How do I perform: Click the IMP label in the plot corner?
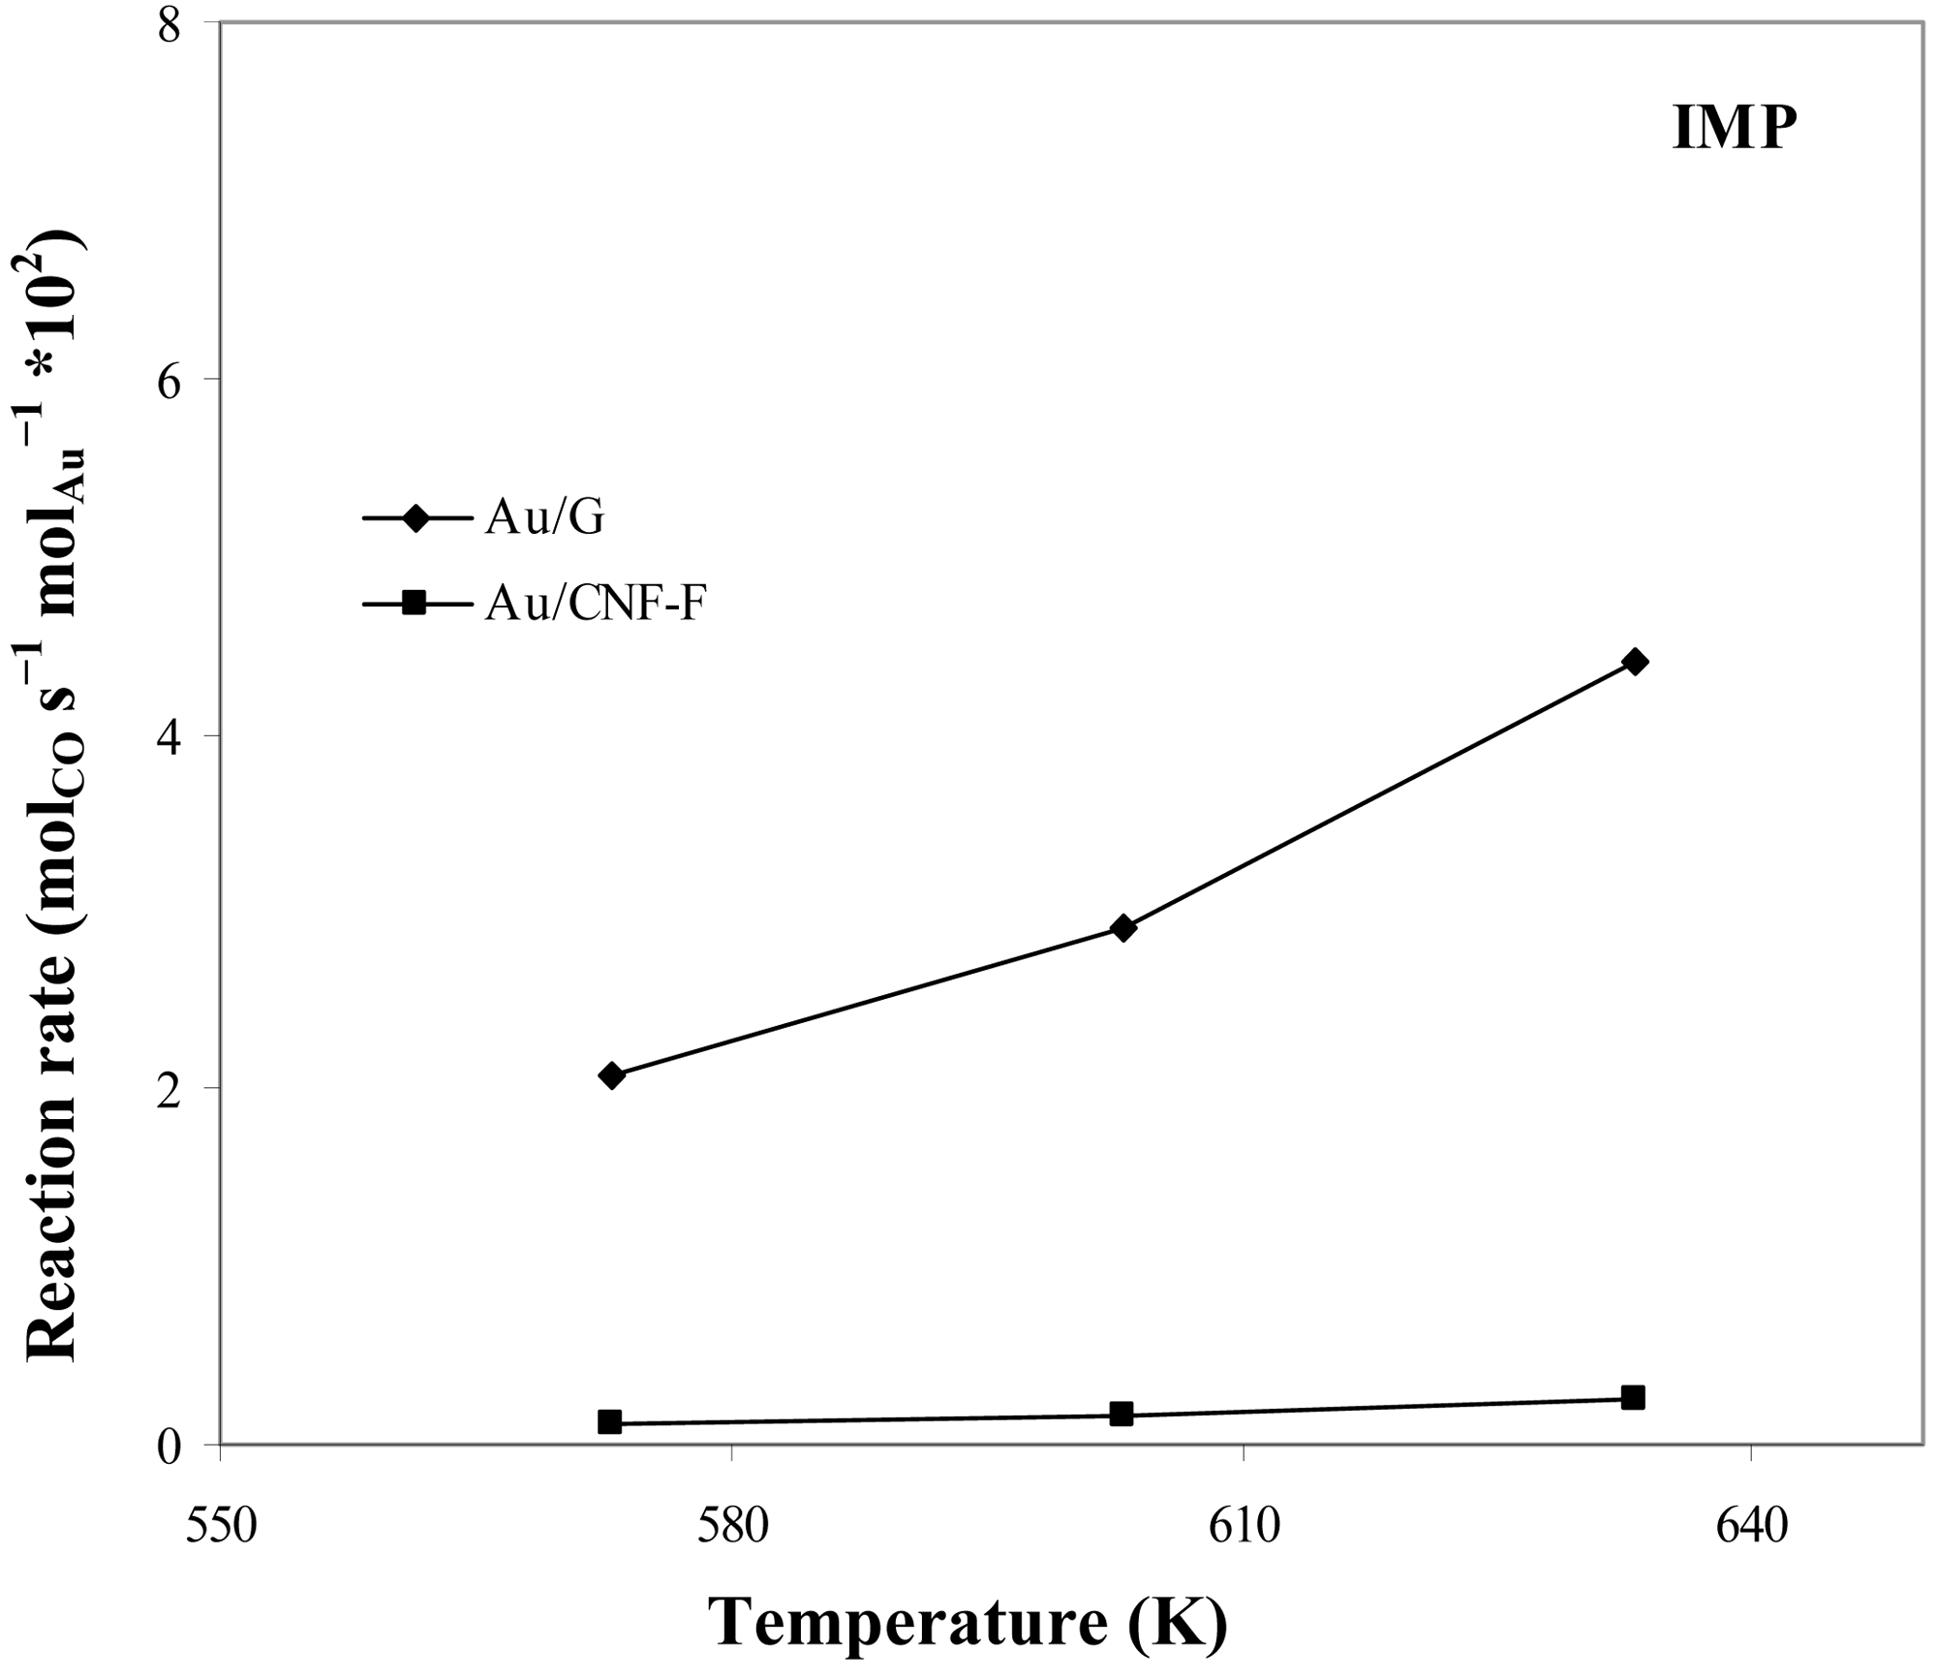tap(1734, 129)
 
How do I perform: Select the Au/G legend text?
tap(545, 518)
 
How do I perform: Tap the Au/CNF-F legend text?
tap(597, 605)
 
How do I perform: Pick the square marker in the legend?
tap(415, 604)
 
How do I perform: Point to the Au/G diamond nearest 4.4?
tap(1634, 663)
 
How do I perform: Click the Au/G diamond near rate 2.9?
tap(1123, 928)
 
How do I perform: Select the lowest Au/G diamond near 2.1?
tap(612, 1075)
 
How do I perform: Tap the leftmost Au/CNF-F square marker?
tap(610, 1422)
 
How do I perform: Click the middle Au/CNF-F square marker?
tap(1122, 1414)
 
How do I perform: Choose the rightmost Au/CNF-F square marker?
tap(1633, 1397)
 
